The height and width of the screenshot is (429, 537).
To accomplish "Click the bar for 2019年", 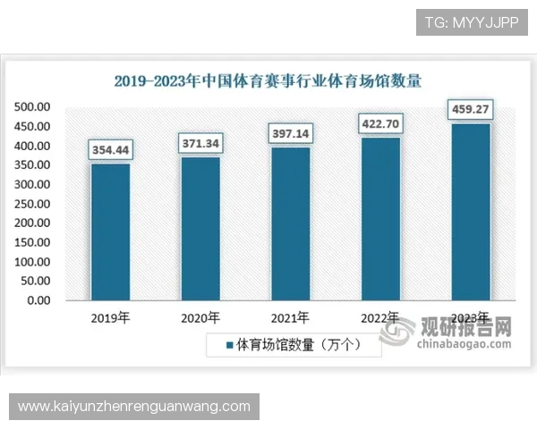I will [110, 231].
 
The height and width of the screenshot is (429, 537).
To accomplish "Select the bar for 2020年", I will [200, 228].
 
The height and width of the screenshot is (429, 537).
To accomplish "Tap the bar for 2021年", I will [291, 223].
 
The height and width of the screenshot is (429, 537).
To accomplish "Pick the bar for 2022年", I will [380, 218].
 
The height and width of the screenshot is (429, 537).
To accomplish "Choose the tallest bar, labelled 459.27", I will [471, 211].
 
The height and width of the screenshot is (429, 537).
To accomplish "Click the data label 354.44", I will [110, 150].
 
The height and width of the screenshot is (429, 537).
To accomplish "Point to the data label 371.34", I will [200, 143].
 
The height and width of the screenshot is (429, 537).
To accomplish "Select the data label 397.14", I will [291, 133].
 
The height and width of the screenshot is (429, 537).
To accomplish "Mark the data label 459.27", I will [471, 109].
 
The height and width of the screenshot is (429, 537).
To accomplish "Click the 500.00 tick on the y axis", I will [33, 107].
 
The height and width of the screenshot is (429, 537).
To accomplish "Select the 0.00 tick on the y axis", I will [38, 300].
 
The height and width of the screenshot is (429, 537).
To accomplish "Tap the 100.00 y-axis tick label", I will [33, 262].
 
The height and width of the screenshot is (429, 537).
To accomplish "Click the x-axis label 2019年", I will [110, 317].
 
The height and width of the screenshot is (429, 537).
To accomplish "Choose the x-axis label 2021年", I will [291, 317].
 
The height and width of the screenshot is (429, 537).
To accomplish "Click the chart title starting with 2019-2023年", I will [268, 80].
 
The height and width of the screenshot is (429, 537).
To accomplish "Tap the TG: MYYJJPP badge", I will [473, 21].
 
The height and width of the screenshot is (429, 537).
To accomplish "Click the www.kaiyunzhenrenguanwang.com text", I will [134, 407].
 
